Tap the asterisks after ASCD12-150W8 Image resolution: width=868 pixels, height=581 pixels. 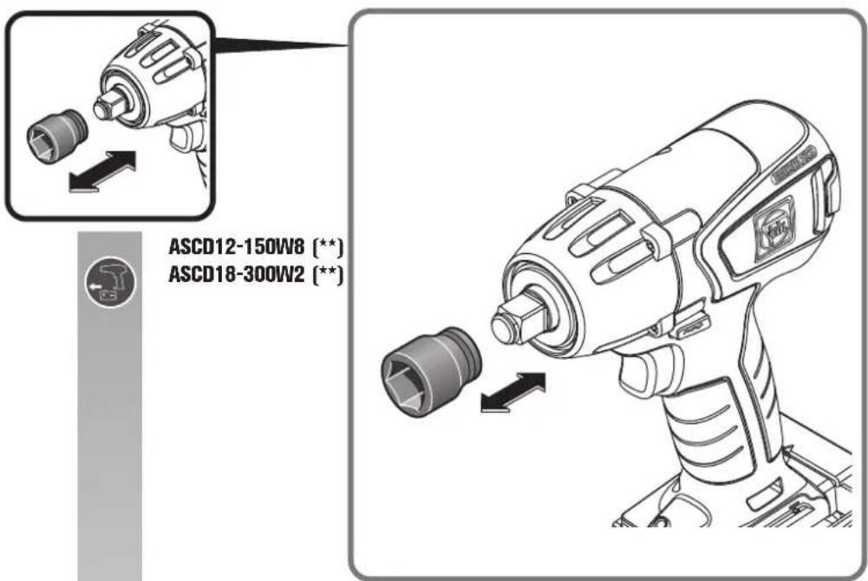pyautogui.click(x=328, y=246)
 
